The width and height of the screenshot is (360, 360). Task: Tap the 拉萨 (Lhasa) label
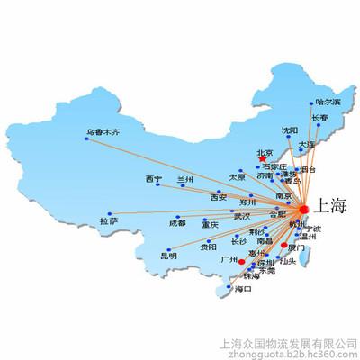108,220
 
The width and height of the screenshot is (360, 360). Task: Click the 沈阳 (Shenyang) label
289,130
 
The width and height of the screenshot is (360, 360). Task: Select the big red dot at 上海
303,210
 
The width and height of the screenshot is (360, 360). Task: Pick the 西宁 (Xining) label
153,179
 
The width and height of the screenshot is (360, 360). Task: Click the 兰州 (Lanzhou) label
185,180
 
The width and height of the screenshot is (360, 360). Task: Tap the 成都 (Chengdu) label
177,222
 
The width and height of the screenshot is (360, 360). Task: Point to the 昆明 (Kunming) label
168,256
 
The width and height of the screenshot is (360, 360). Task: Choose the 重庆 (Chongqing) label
210,224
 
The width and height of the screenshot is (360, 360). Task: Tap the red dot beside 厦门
285,246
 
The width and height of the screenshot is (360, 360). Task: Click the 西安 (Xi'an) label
218,197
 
